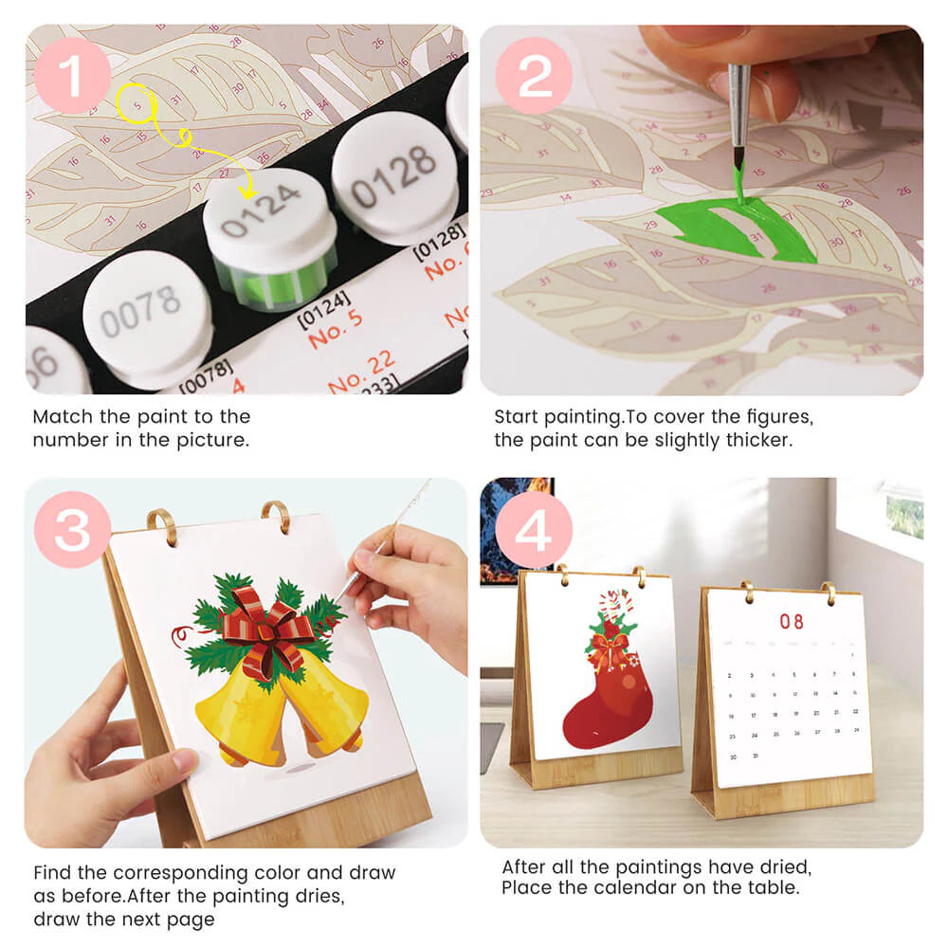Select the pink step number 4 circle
pyautogui.click(x=534, y=530)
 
